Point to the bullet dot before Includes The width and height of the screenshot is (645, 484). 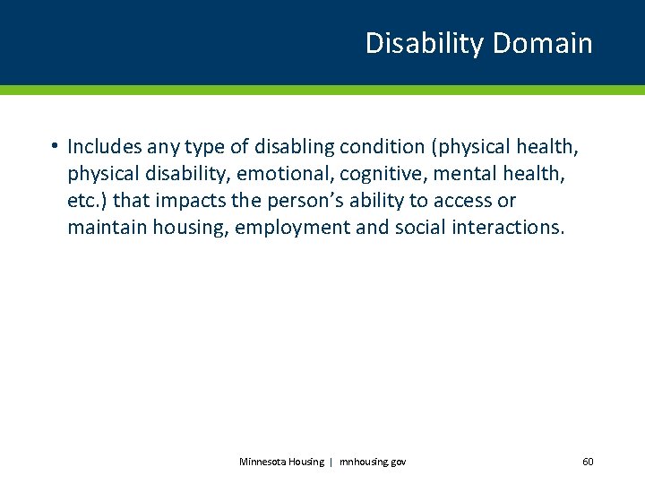(55, 145)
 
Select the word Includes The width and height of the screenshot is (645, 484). (105, 145)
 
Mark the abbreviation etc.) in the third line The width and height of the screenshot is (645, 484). (87, 200)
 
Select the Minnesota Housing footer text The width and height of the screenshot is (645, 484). (281, 462)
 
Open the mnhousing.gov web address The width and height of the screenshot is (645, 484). (372, 462)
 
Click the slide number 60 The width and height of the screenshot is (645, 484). (588, 462)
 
